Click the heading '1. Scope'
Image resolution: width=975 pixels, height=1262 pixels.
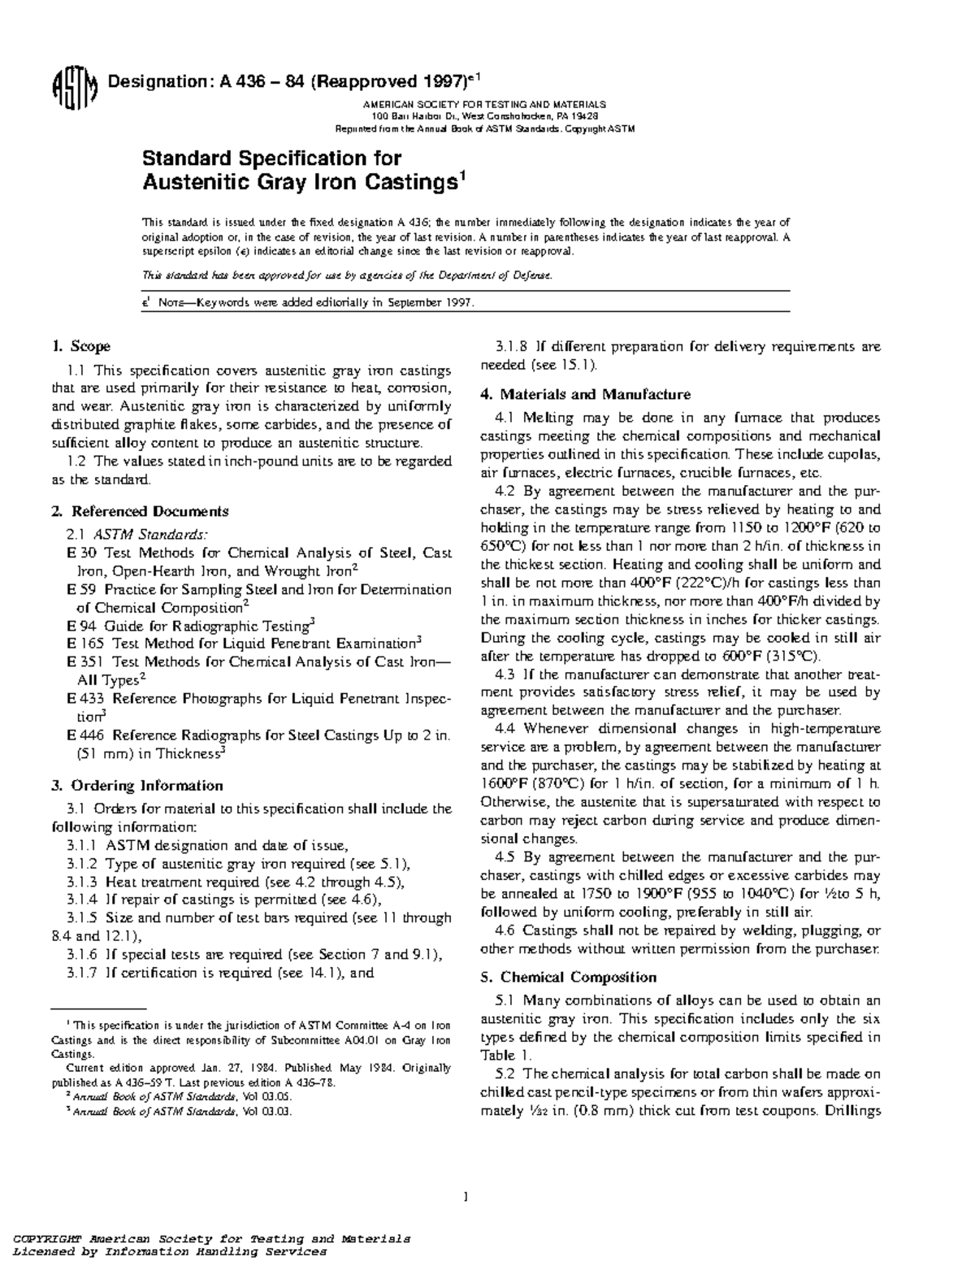(x=80, y=347)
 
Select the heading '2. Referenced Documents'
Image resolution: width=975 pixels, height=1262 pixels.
(x=139, y=511)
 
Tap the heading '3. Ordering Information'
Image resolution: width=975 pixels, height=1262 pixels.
(x=136, y=785)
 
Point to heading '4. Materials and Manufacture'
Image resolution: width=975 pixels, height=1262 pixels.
(x=585, y=394)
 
